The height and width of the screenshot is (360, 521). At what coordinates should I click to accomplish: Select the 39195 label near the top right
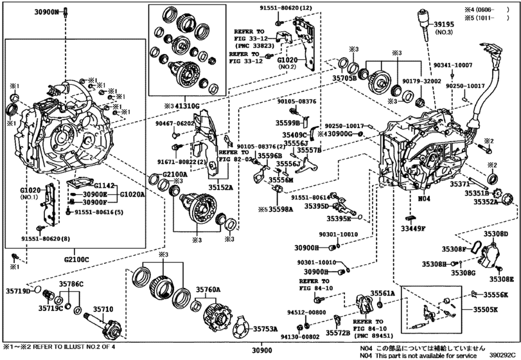click(x=445, y=24)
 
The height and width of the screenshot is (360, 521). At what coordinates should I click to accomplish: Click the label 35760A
click(x=208, y=290)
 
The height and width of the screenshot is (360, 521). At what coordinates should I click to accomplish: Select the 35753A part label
click(x=264, y=328)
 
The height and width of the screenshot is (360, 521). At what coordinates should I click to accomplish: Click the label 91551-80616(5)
click(x=101, y=212)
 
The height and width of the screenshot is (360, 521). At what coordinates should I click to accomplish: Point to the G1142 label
click(x=105, y=185)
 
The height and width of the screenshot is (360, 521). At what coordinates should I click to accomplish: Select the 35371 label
click(x=460, y=184)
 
